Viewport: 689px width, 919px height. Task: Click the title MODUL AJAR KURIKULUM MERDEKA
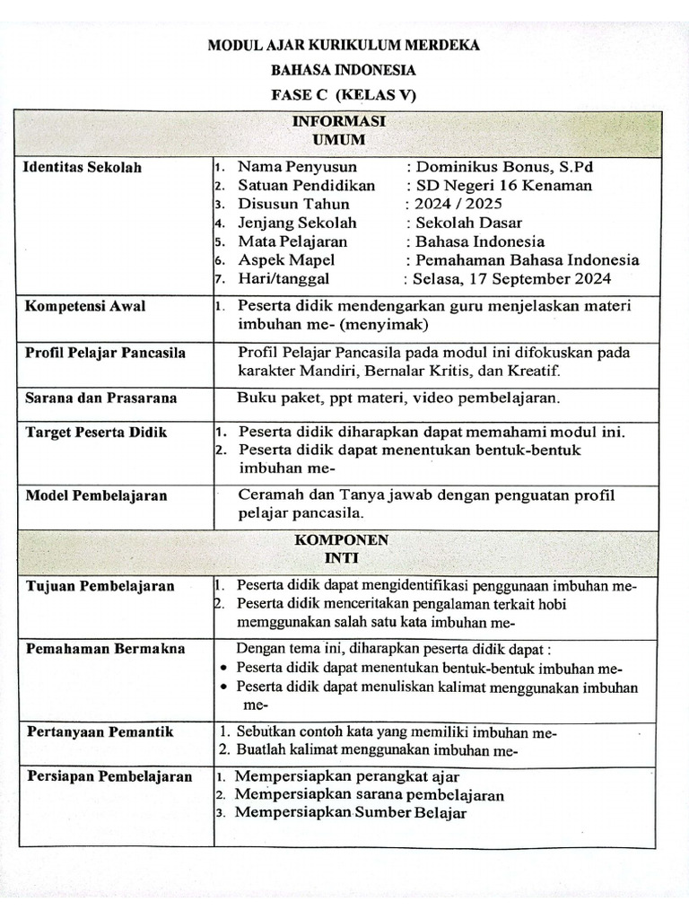pyautogui.click(x=344, y=46)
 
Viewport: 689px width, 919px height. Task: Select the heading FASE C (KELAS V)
pyautogui.click(x=344, y=95)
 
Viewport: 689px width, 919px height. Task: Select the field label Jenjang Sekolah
pyautogui.click(x=297, y=223)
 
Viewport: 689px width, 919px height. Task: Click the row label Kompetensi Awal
pyautogui.click(x=84, y=306)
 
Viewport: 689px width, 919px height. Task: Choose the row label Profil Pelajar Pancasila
pyautogui.click(x=105, y=353)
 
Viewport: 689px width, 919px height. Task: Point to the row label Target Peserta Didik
pyautogui.click(x=96, y=433)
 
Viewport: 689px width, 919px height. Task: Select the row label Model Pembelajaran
pyautogui.click(x=95, y=495)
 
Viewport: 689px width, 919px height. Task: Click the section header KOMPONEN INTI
pyautogui.click(x=345, y=548)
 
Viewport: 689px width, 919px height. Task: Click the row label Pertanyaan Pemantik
pyautogui.click(x=99, y=732)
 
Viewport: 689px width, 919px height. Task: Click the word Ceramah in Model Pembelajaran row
pyautogui.click(x=268, y=495)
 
